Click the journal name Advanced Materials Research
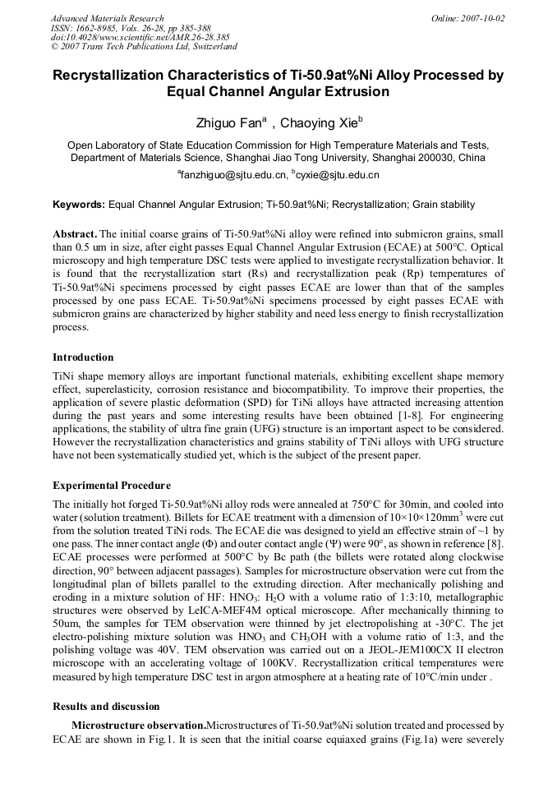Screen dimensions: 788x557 (107, 18)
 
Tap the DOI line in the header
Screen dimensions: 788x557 (140, 37)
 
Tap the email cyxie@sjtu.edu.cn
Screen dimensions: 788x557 (338, 175)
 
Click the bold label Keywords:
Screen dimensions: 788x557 (79, 205)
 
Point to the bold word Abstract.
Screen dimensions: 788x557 (74, 234)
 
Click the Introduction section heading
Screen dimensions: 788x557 (83, 357)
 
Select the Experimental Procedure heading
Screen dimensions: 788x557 (112, 485)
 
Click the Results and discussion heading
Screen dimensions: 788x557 (106, 707)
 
